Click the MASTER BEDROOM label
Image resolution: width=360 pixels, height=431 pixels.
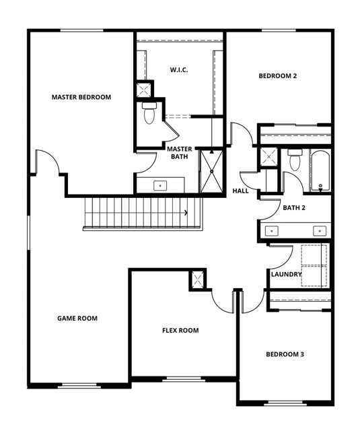[81, 97]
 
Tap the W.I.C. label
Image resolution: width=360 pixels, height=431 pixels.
[179, 70]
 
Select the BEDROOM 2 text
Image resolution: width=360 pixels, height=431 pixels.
[278, 75]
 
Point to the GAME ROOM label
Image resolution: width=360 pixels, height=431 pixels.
[77, 319]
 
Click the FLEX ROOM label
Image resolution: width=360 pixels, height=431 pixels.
[180, 330]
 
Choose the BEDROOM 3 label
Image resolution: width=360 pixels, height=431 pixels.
[285, 354]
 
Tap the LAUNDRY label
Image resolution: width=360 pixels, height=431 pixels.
[286, 274]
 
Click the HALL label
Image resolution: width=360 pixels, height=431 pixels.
[240, 191]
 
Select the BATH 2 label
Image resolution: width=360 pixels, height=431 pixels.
[294, 208]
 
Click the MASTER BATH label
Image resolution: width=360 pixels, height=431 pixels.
[180, 153]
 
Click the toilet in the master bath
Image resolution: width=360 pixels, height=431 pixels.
[149, 112]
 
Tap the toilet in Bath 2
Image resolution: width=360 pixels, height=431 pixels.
[295, 160]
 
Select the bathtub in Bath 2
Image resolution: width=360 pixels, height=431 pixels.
[320, 170]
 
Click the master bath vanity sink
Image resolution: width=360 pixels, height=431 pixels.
[160, 186]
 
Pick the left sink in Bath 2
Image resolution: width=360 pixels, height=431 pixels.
[272, 231]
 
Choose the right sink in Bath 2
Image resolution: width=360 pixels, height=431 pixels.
[320, 231]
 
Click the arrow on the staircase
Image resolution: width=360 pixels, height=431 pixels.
[186, 213]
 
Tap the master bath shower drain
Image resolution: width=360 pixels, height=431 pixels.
[212, 172]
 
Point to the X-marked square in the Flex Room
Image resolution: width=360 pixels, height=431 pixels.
[197, 280]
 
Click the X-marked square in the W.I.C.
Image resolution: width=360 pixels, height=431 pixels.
[143, 90]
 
